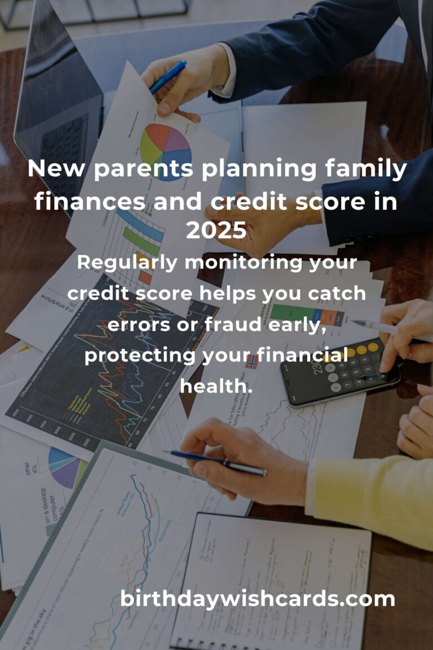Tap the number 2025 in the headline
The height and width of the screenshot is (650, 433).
pos(216,230)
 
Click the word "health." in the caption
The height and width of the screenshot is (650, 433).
pos(216,387)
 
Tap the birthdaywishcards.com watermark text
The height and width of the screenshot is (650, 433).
pos(257,599)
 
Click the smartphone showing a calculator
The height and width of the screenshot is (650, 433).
pos(338,372)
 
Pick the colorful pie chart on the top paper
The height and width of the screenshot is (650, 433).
pos(166,150)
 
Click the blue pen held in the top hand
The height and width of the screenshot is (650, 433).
pos(167,77)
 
